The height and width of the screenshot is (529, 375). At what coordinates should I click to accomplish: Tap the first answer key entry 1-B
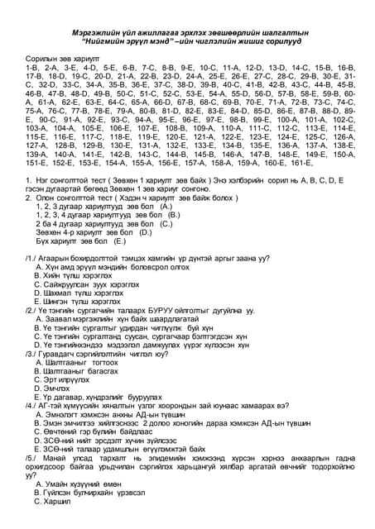(34, 69)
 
